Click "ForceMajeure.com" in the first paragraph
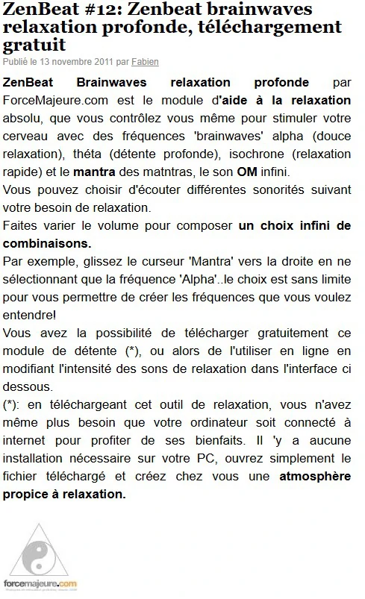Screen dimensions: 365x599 point(48,100)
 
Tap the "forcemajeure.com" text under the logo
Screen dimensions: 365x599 point(40,583)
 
